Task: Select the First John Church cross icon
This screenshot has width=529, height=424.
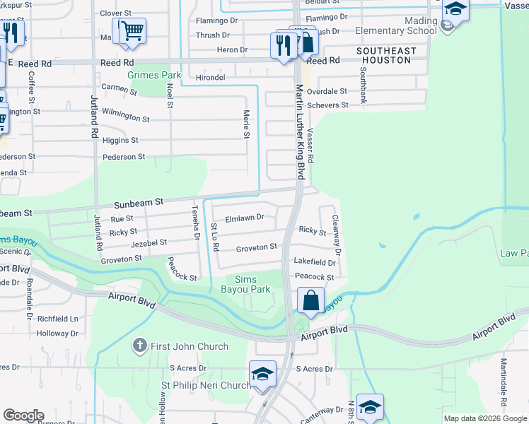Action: click(140, 346)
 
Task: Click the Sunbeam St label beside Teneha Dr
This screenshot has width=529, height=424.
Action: click(139, 202)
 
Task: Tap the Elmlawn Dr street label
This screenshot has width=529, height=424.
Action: click(244, 218)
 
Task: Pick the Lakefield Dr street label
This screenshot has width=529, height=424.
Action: click(314, 261)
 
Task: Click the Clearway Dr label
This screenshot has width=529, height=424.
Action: click(336, 235)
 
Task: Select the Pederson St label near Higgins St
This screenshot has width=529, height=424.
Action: click(123, 157)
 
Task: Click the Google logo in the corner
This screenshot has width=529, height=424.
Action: click(23, 416)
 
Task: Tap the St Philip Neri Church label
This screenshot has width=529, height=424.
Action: click(206, 386)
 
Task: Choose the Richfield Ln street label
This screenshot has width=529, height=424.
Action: click(57, 319)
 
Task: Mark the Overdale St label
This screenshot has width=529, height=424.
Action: click(327, 92)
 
